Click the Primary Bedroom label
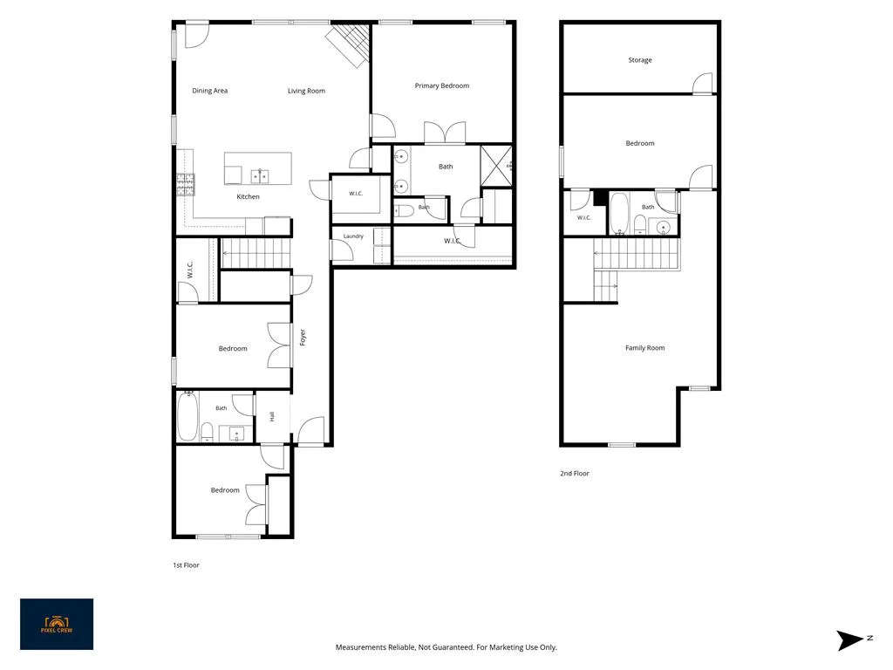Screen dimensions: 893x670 pos(442,86)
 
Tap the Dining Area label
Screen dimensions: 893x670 pos(209,91)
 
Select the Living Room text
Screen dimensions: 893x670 pos(306,91)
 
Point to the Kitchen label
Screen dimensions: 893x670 pos(249,196)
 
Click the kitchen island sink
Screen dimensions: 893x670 pos(260,176)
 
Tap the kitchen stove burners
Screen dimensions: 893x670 pos(186,185)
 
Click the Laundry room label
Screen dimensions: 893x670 pos(354,236)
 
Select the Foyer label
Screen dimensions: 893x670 pos(303,338)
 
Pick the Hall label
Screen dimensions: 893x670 pos(272,416)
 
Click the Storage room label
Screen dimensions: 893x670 pos(640,60)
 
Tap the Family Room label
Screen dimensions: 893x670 pos(644,348)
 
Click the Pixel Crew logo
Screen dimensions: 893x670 pos(57,624)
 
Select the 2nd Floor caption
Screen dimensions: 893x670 pos(575,474)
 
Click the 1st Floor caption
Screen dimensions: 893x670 pos(187,565)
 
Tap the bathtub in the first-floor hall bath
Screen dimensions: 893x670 pos(187,416)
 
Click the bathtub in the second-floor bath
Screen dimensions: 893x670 pos(619,214)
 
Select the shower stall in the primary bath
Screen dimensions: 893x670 pos(496,166)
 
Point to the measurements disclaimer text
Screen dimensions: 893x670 pos(446,647)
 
